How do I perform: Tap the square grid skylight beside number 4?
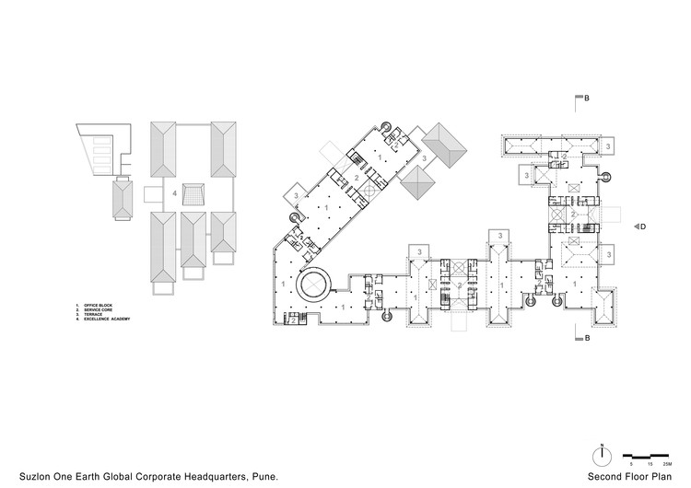pos(195,195)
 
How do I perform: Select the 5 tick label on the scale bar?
pos(632,466)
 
